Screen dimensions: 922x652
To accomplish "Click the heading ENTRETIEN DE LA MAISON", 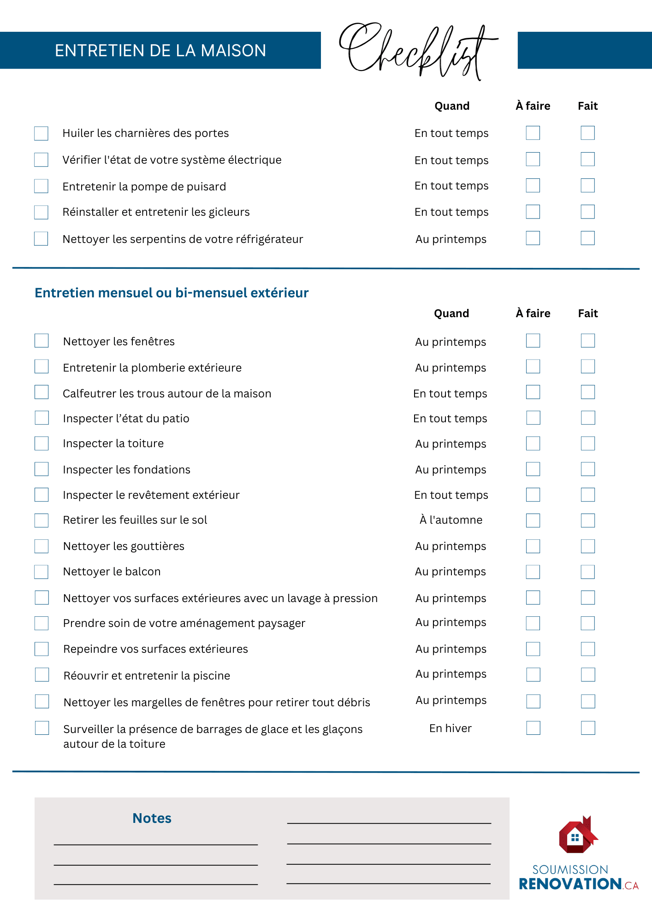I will (160, 50).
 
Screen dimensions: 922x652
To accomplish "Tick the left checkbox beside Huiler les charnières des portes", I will (41, 133).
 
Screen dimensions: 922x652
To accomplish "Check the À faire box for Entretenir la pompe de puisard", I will (533, 185).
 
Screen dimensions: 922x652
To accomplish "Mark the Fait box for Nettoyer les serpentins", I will (587, 238).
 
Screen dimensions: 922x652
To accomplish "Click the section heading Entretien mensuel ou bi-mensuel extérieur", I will (172, 293).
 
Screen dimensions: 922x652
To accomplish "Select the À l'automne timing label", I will (451, 520).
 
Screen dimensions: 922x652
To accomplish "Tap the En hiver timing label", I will (450, 728).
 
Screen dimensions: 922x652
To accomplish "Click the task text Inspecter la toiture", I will (113, 443).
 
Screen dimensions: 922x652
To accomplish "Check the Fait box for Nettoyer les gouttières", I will (588, 546).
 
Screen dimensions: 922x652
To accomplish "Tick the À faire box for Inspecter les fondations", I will (533, 469).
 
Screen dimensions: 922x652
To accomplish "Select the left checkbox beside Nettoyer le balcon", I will (41, 572).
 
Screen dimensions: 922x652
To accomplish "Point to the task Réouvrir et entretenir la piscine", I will (147, 676).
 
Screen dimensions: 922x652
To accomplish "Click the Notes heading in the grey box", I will (152, 818).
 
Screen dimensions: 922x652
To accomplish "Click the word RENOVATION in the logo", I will (570, 884).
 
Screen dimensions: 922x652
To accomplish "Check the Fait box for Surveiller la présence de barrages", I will (588, 728).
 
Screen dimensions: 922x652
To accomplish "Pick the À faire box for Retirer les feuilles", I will (533, 520).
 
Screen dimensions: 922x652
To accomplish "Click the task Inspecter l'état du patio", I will (126, 419).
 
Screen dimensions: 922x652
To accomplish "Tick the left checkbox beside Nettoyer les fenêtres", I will (41, 341).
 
